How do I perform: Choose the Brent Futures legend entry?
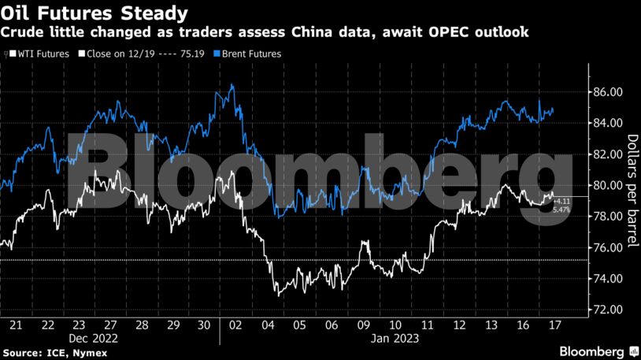248,54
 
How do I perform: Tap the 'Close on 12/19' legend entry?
116,54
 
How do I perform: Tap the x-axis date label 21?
16,325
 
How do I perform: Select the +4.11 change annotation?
560,202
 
